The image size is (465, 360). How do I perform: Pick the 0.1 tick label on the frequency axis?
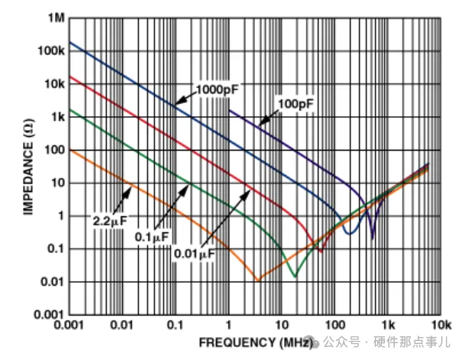[175, 325]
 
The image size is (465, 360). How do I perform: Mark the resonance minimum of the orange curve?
[257, 281]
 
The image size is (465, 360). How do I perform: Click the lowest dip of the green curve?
[295, 276]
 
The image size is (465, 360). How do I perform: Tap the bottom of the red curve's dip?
[321, 251]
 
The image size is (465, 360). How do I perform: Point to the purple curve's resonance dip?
[373, 238]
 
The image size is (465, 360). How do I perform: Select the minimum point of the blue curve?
[349, 232]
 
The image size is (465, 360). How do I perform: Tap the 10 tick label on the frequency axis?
[282, 325]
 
